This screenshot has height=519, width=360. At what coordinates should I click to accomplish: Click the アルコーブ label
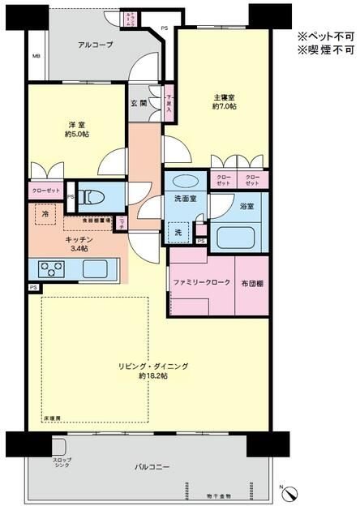[x=96, y=45]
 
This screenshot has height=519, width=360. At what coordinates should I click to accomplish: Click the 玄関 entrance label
[x=139, y=103]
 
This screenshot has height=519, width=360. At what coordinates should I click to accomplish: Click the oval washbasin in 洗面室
[x=186, y=182]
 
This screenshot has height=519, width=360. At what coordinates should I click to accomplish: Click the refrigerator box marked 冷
[x=45, y=214]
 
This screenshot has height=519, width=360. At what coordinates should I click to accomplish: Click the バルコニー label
[x=152, y=467]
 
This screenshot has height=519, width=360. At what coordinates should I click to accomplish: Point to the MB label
[x=36, y=57]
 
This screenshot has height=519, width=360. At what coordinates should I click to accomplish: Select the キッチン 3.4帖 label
[x=80, y=244]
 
